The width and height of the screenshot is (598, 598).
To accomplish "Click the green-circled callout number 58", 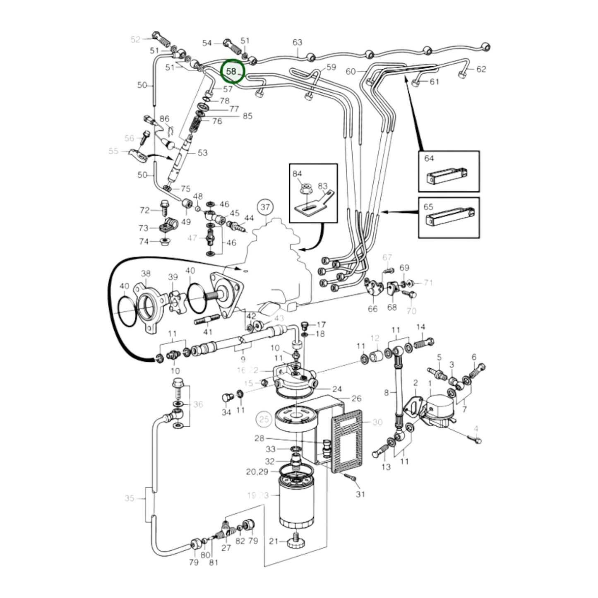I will point(232,71).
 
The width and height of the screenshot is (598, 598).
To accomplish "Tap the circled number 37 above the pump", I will point(265,207).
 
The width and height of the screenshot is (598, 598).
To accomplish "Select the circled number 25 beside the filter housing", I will point(264,419).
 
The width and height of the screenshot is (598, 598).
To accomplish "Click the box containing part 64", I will point(449,171).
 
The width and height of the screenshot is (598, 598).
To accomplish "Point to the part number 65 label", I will point(429,206).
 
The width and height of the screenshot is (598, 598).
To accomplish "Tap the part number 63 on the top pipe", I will point(297,42).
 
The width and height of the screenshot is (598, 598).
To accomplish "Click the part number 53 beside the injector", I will point(202,153).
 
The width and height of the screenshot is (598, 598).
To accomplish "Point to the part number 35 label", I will point(130,498).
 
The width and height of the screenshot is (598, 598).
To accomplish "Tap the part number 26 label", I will point(356,399).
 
